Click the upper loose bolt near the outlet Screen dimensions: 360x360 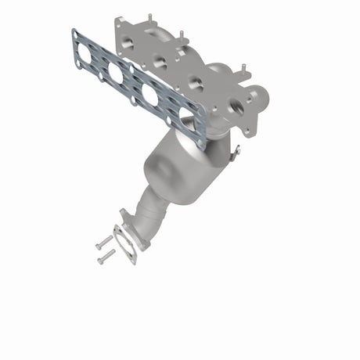tap(102, 243)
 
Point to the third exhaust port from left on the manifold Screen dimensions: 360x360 tap(193, 83)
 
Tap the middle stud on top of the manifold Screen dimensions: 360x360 tap(182, 35)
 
